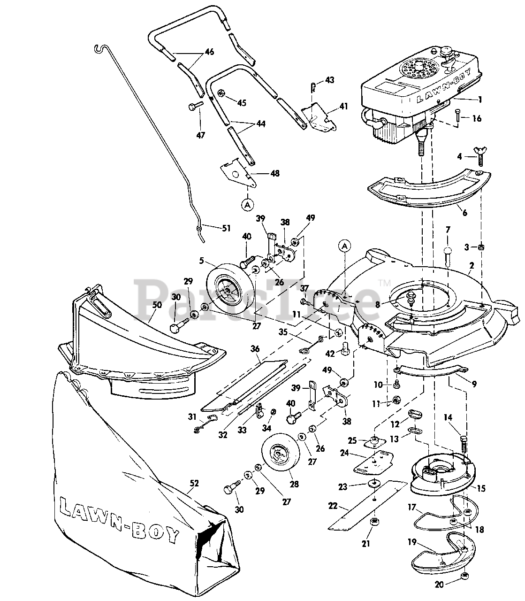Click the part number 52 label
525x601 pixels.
click(x=194, y=483)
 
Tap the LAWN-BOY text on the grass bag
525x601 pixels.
click(x=119, y=519)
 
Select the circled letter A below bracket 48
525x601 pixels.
click(x=247, y=204)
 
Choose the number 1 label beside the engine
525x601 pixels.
click(x=479, y=100)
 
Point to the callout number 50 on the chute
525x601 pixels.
click(x=157, y=305)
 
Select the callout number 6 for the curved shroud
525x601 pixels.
click(x=464, y=213)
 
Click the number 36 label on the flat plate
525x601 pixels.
click(x=255, y=349)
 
